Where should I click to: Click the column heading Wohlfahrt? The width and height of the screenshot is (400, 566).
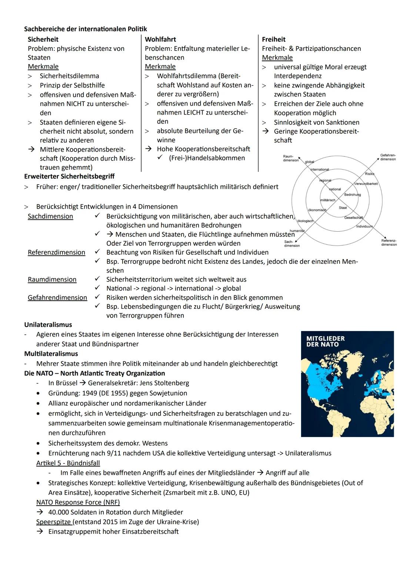click(x=160, y=39)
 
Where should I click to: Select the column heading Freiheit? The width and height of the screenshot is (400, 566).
click(x=273, y=39)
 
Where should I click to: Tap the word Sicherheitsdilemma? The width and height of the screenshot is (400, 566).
click(x=69, y=76)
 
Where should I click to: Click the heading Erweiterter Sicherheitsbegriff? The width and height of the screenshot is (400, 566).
click(x=69, y=176)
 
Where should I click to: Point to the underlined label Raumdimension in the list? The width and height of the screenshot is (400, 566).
click(x=52, y=279)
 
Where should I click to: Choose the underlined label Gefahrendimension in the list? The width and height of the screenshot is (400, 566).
click(x=57, y=298)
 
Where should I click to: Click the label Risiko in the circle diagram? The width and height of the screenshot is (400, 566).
click(x=369, y=174)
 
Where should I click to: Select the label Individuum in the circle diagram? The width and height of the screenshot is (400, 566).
click(x=364, y=226)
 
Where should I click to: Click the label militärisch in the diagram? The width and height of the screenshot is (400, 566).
click(x=327, y=200)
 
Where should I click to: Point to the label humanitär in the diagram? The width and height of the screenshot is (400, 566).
click(x=297, y=231)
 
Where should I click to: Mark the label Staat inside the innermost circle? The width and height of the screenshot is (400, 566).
click(x=343, y=208)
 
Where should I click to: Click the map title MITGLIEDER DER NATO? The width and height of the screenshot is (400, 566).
click(x=325, y=341)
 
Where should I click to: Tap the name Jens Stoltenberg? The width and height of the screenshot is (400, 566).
click(x=164, y=383)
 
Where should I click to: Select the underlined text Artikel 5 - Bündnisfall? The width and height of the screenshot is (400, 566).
click(x=68, y=463)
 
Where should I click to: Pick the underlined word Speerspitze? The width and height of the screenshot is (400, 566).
click(x=54, y=522)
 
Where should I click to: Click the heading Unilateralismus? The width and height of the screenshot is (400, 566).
click(x=48, y=325)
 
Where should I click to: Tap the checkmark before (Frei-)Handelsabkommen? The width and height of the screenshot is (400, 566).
click(x=160, y=158)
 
